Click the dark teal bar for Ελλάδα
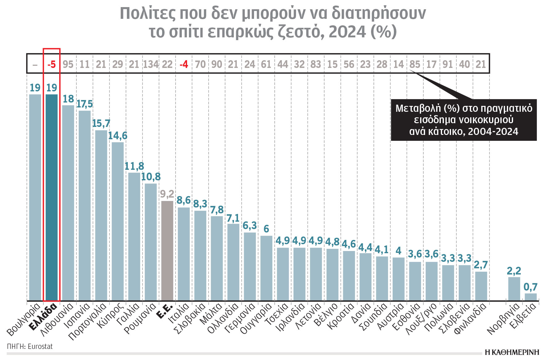(52, 198)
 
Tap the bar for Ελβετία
(531, 297)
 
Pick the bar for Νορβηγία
(514, 289)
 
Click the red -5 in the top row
(52, 64)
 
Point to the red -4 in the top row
(184, 64)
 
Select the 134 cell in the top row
(151, 64)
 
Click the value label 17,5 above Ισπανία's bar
(85, 104)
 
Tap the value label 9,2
(167, 194)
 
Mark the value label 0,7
(530, 287)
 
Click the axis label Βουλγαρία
(24, 320)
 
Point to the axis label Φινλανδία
(471, 319)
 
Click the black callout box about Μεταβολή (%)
(464, 120)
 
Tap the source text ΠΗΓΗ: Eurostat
(30, 346)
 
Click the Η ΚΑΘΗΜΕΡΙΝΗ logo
(512, 352)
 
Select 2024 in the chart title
(347, 31)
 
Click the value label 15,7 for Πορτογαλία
(101, 123)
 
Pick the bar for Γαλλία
(134, 237)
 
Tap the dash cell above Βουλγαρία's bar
(35, 64)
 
